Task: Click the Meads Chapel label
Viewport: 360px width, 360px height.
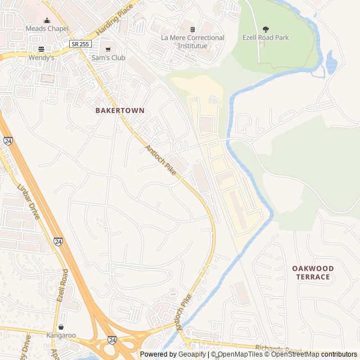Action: [47, 28]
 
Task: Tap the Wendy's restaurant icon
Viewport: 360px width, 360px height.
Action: [41, 49]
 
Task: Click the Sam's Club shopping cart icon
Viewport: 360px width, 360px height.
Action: [107, 49]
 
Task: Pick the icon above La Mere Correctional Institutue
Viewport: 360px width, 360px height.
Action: [192, 29]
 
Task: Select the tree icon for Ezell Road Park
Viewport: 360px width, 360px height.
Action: [265, 29]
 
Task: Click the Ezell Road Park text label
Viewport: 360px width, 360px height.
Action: [265, 38]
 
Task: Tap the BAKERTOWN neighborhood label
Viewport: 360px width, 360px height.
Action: [119, 111]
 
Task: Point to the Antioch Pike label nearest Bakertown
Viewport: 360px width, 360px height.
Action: [161, 159]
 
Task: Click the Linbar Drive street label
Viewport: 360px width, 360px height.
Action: [29, 201]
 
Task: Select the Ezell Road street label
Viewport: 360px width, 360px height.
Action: [62, 286]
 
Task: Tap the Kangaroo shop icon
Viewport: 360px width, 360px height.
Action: [60, 327]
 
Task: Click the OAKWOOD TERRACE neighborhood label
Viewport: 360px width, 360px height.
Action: [313, 273]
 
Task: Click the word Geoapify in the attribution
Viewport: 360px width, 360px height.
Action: [192, 354]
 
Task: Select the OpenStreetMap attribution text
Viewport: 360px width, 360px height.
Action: [293, 354]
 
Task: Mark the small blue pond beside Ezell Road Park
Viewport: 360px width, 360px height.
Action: [331, 62]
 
